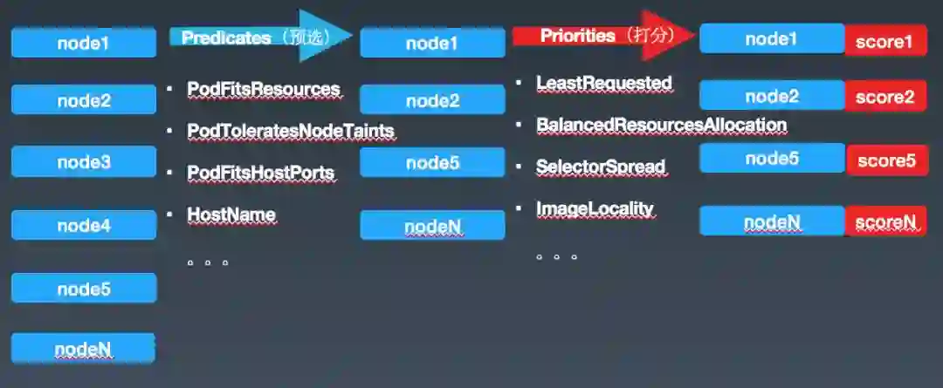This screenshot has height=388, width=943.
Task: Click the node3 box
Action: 84,161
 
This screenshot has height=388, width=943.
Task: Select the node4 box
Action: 84,225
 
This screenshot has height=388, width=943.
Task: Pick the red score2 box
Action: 884,97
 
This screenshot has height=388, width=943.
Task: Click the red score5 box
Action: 886,160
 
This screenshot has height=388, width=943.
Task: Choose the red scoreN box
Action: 884,222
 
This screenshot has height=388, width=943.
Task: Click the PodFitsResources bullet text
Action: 263,89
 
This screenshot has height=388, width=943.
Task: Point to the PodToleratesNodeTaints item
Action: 291,131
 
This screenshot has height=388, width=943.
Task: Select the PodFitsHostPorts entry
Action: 260,173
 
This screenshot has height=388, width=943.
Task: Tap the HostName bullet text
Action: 231,214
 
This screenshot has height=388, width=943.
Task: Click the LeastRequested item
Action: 603,83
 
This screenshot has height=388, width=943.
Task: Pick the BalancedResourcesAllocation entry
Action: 661,125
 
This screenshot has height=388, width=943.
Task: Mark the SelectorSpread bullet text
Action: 601,166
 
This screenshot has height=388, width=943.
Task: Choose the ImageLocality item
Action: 595,208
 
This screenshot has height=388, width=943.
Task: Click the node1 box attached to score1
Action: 771,39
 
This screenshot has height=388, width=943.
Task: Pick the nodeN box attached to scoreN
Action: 771,222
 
